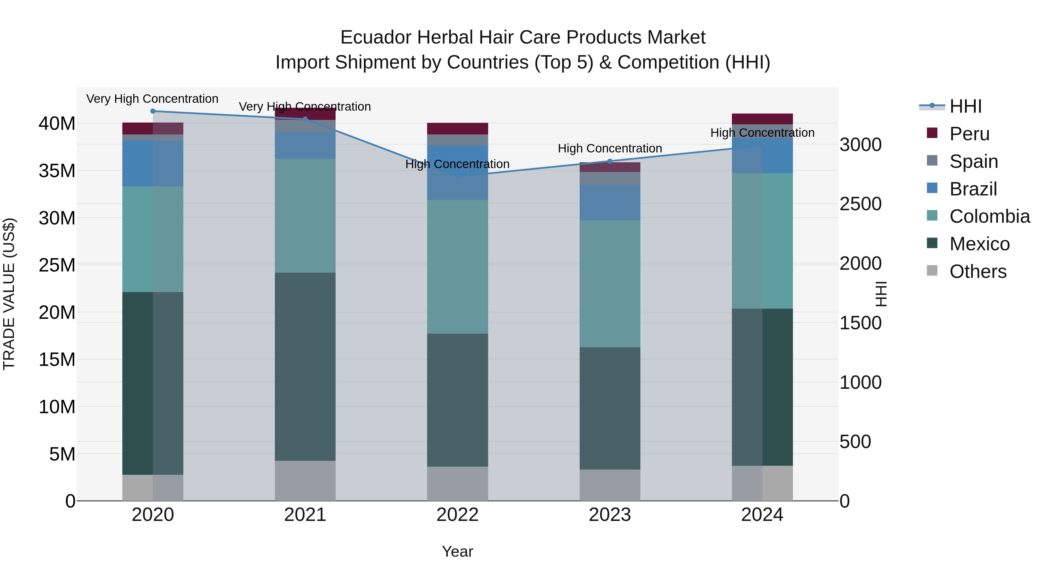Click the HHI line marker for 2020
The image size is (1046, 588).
point(153,111)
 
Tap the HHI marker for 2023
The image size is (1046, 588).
point(610,161)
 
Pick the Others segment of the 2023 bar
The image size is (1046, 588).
point(610,485)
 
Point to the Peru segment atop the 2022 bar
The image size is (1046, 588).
point(457,129)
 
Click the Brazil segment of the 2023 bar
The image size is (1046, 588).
point(610,203)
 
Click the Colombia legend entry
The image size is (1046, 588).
point(989,216)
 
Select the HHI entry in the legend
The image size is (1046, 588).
point(965,106)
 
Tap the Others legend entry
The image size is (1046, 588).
point(977,271)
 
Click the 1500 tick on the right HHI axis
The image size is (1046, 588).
point(860,323)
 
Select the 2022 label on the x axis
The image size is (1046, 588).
point(457,515)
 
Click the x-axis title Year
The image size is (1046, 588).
point(457,551)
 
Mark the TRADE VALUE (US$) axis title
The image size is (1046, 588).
point(9,294)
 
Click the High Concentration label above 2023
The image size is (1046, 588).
point(610,148)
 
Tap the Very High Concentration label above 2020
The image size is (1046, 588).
point(152,99)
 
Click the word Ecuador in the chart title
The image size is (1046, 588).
point(376,37)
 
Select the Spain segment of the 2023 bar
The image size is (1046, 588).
point(610,179)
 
